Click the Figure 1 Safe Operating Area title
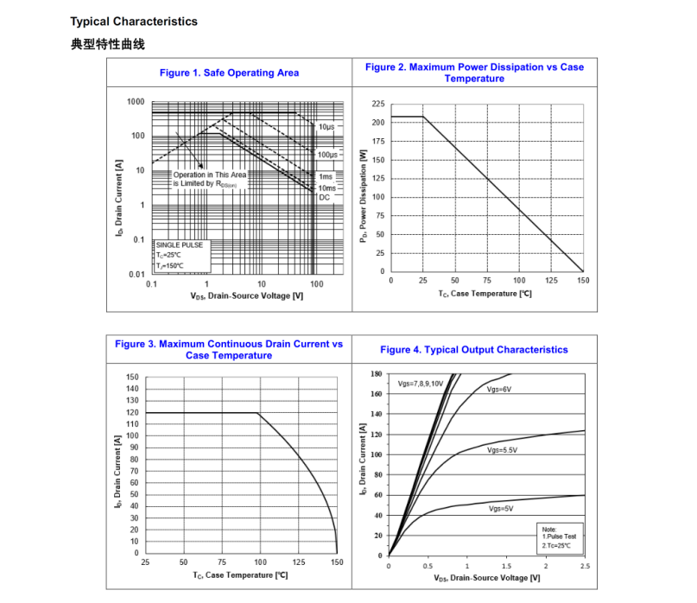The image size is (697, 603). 229,73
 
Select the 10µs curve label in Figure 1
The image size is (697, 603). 326,127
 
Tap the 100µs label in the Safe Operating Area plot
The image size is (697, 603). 327,155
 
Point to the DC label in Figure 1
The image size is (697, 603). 324,198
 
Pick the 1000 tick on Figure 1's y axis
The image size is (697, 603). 136,102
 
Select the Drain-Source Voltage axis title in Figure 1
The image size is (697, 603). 246,296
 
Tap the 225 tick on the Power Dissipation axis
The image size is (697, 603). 378,104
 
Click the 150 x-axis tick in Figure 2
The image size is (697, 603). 583,281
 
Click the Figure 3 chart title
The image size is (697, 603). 229,350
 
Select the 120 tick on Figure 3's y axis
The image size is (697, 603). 132,413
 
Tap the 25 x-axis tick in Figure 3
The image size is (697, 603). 145,562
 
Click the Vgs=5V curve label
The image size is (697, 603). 500,509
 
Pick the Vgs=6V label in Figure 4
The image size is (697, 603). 499,390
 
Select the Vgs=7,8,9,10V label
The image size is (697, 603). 421,383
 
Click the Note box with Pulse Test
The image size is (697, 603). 557,536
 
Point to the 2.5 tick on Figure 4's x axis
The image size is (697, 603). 584,566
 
